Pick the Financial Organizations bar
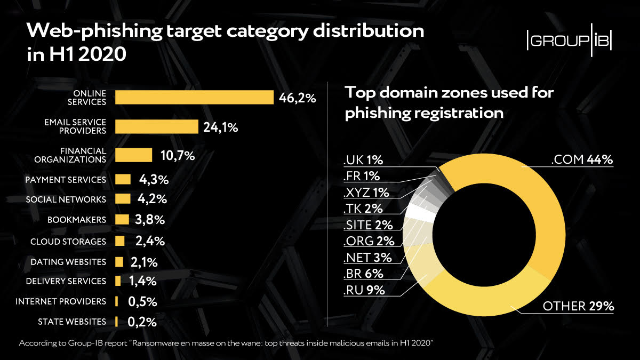click(134, 155)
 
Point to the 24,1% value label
click(220, 127)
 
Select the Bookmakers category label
click(76, 220)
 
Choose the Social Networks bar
click(123, 199)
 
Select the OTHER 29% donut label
click(579, 306)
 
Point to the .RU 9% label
click(365, 291)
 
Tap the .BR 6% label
click(365, 274)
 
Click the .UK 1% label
click(364, 160)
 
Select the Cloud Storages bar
click(119, 241)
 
